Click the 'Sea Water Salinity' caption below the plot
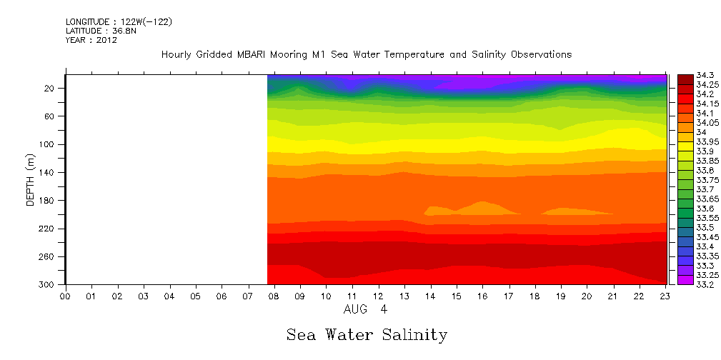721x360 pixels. click(367, 335)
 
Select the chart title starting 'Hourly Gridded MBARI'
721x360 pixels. click(367, 54)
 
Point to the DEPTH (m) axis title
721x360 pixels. click(31, 179)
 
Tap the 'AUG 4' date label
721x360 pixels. click(366, 310)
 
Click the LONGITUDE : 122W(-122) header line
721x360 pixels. click(119, 22)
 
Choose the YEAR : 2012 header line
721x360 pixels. click(91, 40)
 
